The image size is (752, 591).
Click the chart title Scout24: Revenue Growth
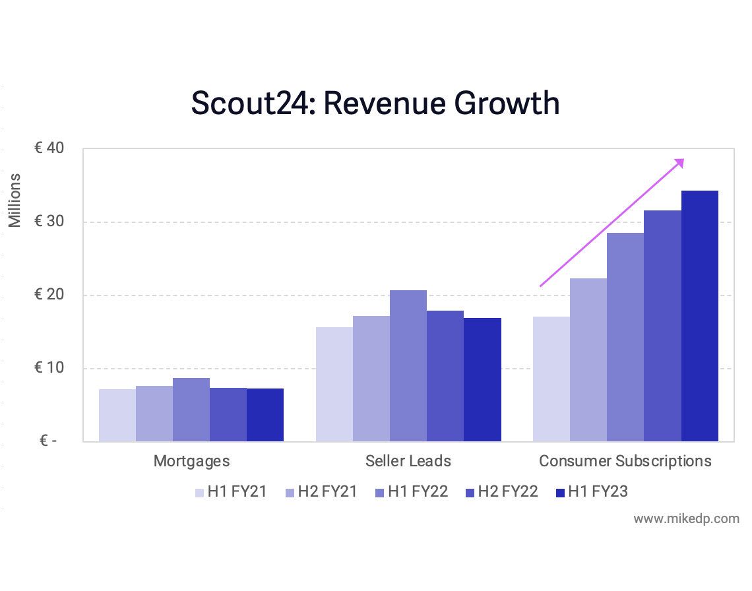[375, 104]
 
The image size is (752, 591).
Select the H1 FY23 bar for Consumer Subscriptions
[699, 316]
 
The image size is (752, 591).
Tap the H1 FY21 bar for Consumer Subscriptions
[551, 379]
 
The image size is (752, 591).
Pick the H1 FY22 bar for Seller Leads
[408, 365]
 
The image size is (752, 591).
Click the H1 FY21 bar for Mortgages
[117, 415]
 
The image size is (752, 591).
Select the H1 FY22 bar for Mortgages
[191, 410]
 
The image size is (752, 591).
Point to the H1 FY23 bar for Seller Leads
[482, 379]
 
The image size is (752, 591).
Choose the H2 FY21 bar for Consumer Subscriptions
[588, 359]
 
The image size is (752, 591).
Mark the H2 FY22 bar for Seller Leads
[445, 376]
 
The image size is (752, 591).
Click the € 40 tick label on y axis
[49, 149]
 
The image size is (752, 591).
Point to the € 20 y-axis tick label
[49, 295]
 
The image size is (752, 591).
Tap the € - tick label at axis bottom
[48, 441]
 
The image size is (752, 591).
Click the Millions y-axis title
[15, 200]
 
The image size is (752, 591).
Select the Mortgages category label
[191, 460]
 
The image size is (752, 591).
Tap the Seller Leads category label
[408, 460]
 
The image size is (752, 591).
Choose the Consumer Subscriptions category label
[625, 460]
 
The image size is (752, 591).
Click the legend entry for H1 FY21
[230, 491]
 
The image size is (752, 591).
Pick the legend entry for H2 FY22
[501, 491]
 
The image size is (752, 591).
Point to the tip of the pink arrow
[683, 160]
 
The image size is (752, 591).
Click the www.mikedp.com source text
[686, 519]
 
